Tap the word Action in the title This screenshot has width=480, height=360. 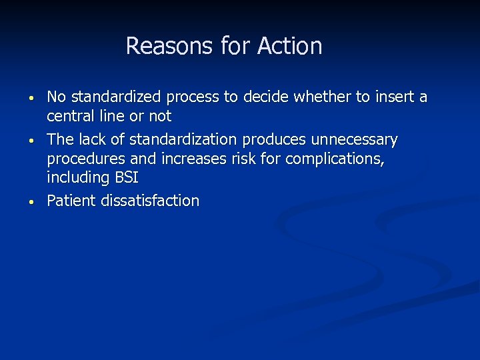point(290,46)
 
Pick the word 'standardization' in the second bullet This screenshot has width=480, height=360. point(183,140)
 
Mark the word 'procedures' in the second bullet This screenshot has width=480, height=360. point(83,159)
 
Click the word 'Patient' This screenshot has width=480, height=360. point(71,201)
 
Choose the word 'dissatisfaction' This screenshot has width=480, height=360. point(150,201)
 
